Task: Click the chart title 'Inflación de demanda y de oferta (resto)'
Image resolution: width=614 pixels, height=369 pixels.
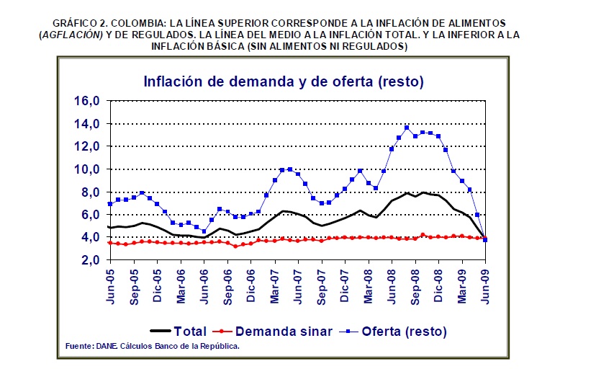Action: [x=283, y=81]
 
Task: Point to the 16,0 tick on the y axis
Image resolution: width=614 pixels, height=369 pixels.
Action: [x=89, y=101]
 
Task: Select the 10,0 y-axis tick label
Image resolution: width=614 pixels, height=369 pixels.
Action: [x=89, y=169]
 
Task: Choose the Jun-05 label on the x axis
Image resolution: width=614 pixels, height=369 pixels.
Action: [x=111, y=286]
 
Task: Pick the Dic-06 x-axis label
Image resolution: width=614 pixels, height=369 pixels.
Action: [x=251, y=286]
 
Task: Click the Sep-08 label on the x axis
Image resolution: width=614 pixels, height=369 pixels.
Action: [x=415, y=286]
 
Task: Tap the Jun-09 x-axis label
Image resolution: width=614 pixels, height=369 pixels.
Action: [x=486, y=286]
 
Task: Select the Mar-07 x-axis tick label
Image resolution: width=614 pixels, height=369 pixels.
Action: [x=275, y=286]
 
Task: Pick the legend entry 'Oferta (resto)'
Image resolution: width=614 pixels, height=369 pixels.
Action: [x=405, y=332]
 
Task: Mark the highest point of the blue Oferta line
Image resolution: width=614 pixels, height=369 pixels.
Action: [x=407, y=128]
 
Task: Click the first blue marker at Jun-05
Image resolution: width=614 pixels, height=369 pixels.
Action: [x=110, y=204]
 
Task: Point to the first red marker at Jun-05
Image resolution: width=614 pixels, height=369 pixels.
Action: [x=110, y=243]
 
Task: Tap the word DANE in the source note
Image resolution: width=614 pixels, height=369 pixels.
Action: [x=105, y=347]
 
